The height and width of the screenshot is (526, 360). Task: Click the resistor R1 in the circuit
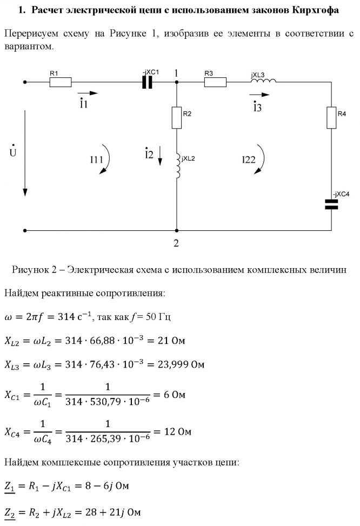pos(61,83)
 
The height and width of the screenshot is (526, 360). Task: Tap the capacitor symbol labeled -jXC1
pos(147,83)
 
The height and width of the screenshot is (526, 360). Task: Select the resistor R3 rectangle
pos(215,83)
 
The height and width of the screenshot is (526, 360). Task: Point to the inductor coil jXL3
pos(263,81)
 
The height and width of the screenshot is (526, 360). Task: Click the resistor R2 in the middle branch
pos(177,117)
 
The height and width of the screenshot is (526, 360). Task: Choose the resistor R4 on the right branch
pos(331,117)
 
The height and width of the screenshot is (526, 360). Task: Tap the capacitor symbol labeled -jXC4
pos(331,203)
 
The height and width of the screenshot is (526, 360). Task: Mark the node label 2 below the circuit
pos(176,243)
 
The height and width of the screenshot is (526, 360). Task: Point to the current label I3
pos(257,106)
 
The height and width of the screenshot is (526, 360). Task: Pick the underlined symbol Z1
pos(10,486)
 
